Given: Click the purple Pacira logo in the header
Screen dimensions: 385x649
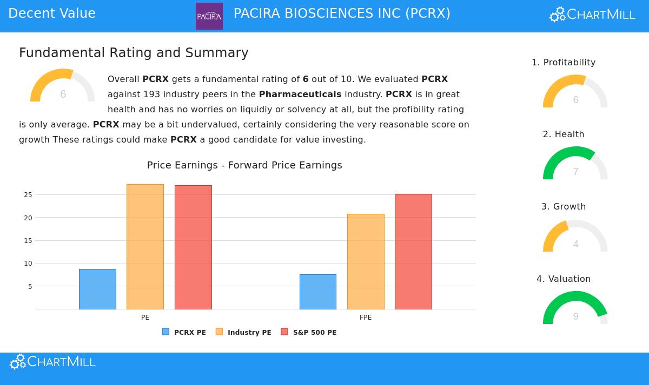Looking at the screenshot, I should point(209,16).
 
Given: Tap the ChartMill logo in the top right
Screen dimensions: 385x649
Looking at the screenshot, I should point(592,15).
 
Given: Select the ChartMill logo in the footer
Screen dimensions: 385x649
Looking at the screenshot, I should point(52,362).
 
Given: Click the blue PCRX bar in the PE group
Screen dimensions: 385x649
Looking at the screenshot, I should point(97,289).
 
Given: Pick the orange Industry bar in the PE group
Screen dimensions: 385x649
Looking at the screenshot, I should point(145,247).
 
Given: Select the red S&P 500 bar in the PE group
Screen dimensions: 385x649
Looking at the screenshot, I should point(193,247).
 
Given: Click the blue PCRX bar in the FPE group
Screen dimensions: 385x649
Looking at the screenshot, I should point(317,292).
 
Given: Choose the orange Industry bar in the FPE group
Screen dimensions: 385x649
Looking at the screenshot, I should point(366,261).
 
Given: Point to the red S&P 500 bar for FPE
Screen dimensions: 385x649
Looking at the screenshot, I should point(413,252).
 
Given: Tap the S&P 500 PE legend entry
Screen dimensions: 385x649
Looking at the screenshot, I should point(309,332).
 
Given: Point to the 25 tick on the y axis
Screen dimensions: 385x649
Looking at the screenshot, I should point(28,195).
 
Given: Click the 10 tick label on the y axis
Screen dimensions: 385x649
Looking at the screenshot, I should point(28,264).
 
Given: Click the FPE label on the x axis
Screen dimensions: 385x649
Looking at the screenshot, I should point(366,318).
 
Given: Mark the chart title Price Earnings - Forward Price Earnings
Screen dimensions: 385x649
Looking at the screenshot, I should point(244,165).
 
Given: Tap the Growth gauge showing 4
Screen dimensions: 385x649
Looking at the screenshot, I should point(575,238).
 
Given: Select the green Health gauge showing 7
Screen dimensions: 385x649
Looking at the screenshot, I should point(575,165).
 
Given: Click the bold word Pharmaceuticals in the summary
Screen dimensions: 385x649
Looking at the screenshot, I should point(300,94).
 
